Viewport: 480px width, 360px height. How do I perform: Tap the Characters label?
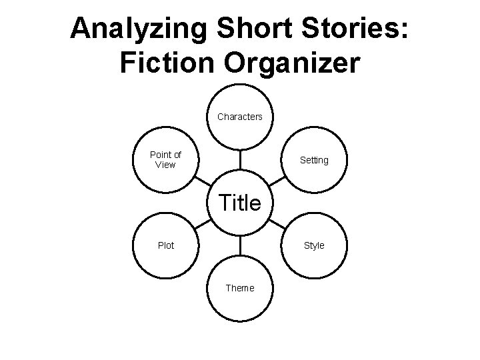(x=239, y=117)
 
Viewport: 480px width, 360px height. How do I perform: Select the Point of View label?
(x=165, y=160)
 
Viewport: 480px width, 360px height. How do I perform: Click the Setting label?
(x=314, y=160)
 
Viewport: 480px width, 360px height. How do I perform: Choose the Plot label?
(x=165, y=245)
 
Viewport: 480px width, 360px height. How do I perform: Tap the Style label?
(x=314, y=245)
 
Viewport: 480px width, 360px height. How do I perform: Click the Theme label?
(x=239, y=288)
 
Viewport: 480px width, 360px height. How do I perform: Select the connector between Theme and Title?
(x=239, y=245)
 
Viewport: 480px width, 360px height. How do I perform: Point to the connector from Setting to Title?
(x=277, y=181)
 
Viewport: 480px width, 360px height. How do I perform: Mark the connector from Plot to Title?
(x=203, y=224)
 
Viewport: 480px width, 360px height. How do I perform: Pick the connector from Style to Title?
(x=277, y=224)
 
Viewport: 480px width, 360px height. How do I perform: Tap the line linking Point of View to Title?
(x=203, y=181)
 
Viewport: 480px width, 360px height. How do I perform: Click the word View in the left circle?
(x=165, y=165)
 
